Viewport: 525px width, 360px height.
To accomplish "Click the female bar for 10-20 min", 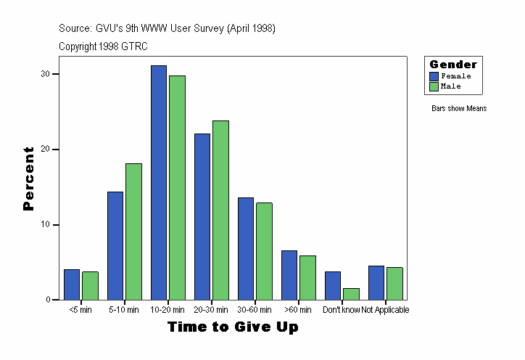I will pyautogui.click(x=159, y=182).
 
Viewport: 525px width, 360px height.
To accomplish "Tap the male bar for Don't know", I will pyautogui.click(x=351, y=294).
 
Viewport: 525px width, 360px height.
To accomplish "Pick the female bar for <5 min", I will pyautogui.click(x=72, y=285).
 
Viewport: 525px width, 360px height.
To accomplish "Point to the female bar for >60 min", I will pyautogui.click(x=289, y=275).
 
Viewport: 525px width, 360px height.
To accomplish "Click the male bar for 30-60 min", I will pyautogui.click(x=264, y=251).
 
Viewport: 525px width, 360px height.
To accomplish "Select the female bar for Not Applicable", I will pyautogui.click(x=376, y=282).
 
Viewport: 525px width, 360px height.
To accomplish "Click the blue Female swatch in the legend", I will pyautogui.click(x=434, y=76).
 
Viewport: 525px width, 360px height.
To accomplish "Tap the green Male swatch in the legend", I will pyautogui.click(x=434, y=86).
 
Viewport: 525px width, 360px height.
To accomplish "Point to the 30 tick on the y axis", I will pyautogui.click(x=45, y=74).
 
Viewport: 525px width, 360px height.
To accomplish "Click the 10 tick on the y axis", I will pyautogui.click(x=45, y=224).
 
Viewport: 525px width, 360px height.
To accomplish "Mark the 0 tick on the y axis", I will pyautogui.click(x=47, y=300).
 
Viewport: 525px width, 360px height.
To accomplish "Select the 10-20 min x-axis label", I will pyautogui.click(x=168, y=310).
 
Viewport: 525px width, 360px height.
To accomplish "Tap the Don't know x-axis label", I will pyautogui.click(x=341, y=310).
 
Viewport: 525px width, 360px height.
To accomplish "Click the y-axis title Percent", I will pyautogui.click(x=28, y=179).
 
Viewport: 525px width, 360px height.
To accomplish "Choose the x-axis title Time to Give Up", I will pyautogui.click(x=233, y=327).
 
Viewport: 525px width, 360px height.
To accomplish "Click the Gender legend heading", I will pyautogui.click(x=453, y=65).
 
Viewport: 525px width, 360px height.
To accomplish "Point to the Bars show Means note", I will pyautogui.click(x=458, y=109).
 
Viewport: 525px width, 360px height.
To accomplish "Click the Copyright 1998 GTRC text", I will pyautogui.click(x=103, y=46).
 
